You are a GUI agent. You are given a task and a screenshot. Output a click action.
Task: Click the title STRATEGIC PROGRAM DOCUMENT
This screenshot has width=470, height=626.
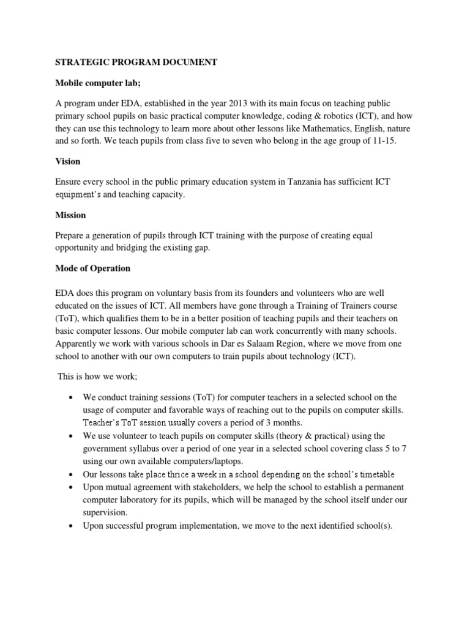click(136, 62)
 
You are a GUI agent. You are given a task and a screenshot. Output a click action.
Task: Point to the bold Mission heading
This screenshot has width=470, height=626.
click(72, 215)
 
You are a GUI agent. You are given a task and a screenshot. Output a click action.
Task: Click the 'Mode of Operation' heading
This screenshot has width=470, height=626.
click(94, 268)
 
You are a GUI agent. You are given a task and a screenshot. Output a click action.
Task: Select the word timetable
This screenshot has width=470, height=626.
click(371, 474)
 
